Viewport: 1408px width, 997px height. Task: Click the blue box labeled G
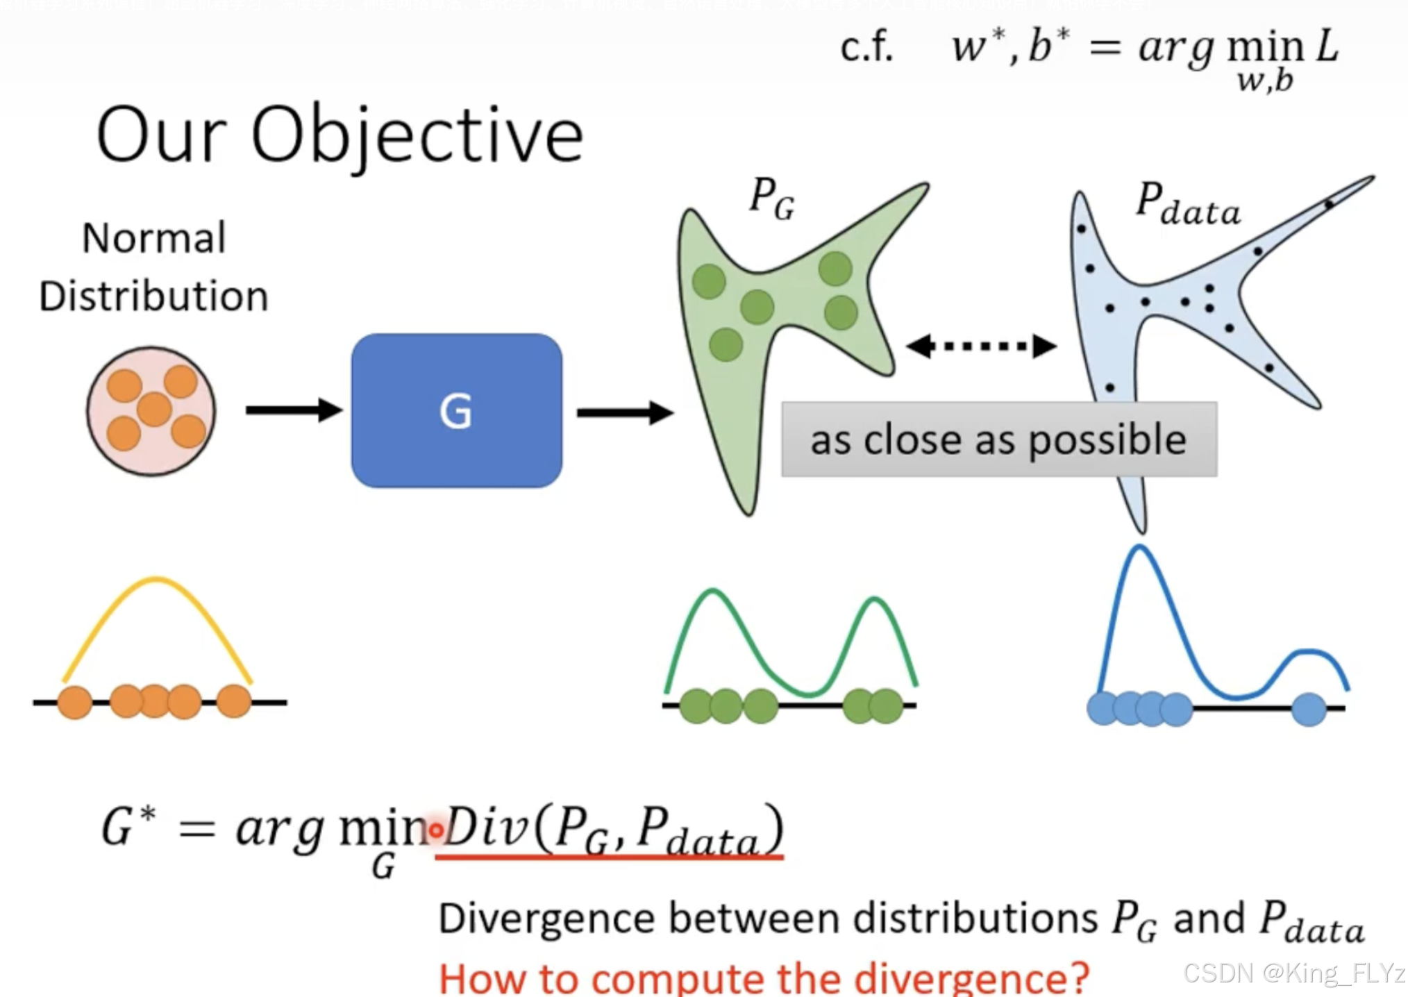(456, 410)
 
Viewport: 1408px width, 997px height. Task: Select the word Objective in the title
(417, 136)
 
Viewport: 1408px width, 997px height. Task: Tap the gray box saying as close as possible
(998, 439)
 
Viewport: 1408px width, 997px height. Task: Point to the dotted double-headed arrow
(982, 346)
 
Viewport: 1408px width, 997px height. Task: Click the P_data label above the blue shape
(1187, 204)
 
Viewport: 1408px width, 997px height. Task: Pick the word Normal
(154, 238)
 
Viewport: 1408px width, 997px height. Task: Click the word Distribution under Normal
(153, 296)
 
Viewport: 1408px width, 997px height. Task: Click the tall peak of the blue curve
(1139, 550)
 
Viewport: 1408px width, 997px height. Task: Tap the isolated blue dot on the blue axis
(1309, 710)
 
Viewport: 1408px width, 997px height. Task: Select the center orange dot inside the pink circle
(154, 409)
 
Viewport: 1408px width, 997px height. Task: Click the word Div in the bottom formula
(485, 828)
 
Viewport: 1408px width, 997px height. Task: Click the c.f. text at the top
(866, 49)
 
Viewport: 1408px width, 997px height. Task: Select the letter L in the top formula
(1327, 47)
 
